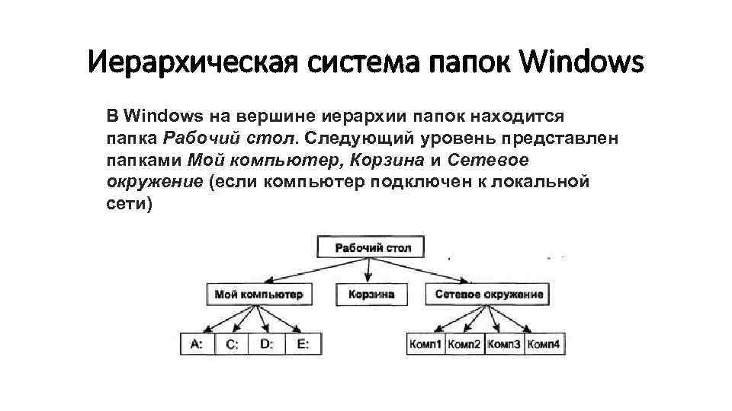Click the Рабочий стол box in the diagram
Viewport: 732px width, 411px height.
tap(369, 247)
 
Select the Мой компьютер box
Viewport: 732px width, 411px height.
tap(258, 294)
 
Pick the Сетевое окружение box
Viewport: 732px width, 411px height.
tap(489, 294)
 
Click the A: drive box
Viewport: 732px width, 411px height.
tap(197, 344)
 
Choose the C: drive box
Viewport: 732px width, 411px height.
tap(232, 344)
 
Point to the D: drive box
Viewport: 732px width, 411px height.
tap(267, 344)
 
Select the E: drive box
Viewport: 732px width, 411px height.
tap(303, 344)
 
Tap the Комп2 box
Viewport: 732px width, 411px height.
tap(464, 344)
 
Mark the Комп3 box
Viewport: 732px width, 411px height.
tap(504, 344)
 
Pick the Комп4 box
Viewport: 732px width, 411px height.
tap(544, 344)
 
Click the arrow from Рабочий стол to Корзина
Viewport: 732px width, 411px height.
tap(369, 271)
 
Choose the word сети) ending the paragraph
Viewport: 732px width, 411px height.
tap(130, 205)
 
